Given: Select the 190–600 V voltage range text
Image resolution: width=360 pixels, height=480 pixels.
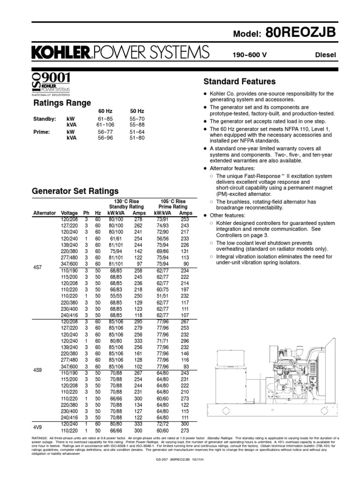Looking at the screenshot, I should click(x=250, y=55).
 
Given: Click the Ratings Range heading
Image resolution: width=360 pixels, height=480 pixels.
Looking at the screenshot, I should click(x=61, y=103).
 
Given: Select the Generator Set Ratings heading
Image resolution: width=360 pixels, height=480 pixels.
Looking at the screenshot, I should click(x=75, y=191).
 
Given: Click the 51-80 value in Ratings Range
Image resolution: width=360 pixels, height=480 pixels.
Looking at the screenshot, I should click(x=136, y=138).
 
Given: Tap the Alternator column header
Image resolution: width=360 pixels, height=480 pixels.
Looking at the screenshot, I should click(x=45, y=213).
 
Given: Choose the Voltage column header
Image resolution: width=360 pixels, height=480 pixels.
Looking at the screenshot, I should click(x=69, y=213).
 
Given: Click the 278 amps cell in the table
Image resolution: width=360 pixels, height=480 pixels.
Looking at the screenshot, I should click(x=138, y=219).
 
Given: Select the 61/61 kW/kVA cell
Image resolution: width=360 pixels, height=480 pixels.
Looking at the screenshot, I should click(x=115, y=238).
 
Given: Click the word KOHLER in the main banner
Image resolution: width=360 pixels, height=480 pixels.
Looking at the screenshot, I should click(x=60, y=53).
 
